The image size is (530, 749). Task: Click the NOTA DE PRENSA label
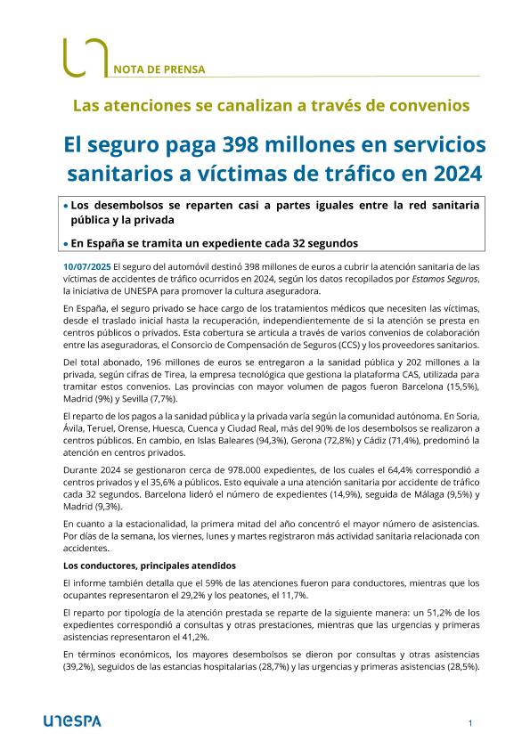point(159,68)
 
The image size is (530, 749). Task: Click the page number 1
point(469,723)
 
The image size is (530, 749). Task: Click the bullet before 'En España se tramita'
point(66,243)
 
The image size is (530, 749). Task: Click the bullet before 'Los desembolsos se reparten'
point(66,206)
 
